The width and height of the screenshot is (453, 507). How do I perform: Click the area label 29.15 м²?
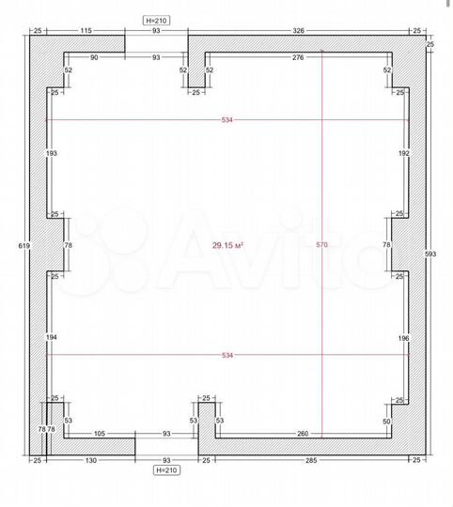(227, 245)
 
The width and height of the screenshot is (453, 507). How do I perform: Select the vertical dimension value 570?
(321, 245)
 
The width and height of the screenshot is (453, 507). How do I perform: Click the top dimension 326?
(298, 31)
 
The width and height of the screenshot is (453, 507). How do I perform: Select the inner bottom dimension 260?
(302, 434)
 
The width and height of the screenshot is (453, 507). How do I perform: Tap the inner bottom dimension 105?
(99, 434)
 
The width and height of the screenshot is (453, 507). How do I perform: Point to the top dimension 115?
(86, 31)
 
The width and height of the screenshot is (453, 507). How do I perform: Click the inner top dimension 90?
(94, 58)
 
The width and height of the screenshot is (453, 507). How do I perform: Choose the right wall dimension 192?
(404, 152)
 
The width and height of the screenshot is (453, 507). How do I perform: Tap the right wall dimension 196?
(404, 337)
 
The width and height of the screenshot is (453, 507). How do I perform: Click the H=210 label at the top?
(156, 18)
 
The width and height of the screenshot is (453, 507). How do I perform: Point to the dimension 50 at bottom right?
(387, 422)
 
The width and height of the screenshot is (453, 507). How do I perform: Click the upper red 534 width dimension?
(227, 120)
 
